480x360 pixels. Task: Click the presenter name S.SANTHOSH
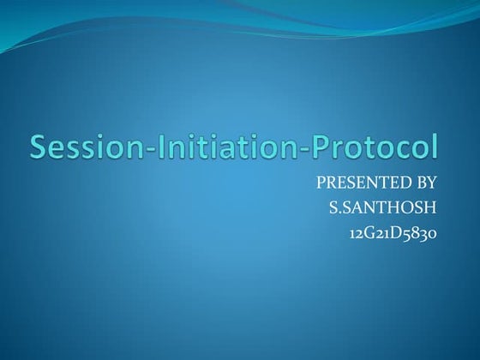(383, 207)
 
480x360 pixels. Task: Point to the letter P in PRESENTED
(321, 183)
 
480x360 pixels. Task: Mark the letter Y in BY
(433, 183)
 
